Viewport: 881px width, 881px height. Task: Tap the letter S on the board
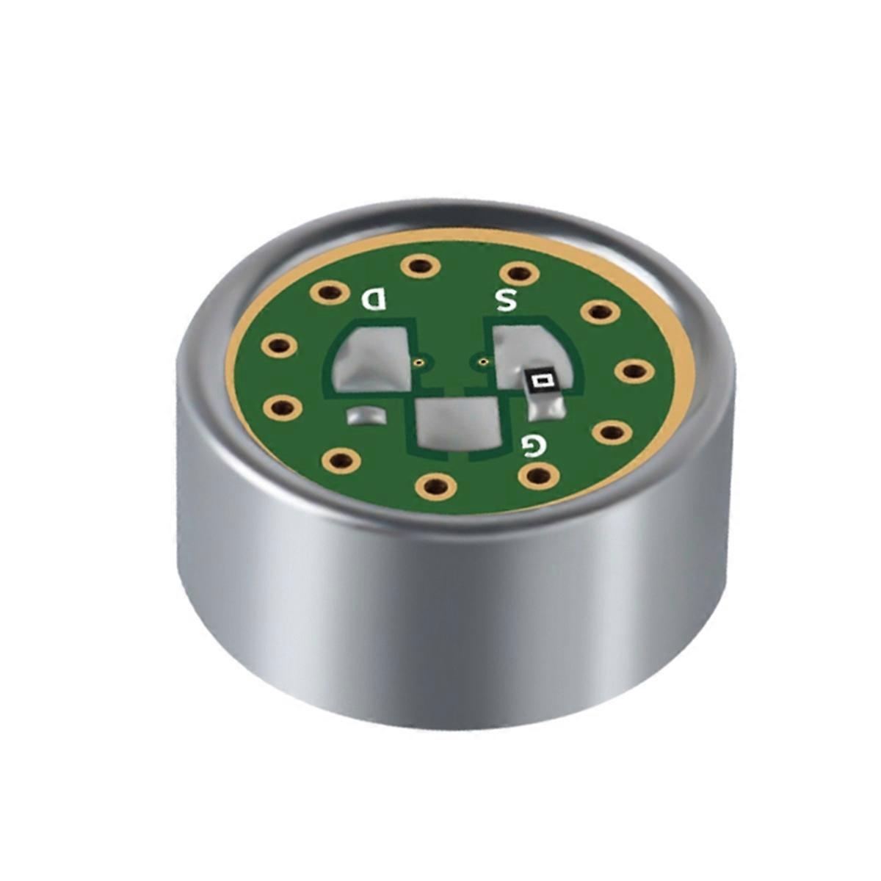tap(507, 300)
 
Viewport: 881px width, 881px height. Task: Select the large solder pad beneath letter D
tap(371, 360)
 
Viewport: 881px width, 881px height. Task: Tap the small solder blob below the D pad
tap(365, 416)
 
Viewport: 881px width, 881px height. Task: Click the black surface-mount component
tap(544, 381)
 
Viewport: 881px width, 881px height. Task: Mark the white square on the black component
tap(543, 380)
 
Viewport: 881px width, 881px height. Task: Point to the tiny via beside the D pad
tap(418, 362)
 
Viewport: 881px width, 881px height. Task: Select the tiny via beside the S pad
tap(482, 361)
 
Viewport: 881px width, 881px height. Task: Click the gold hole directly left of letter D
tap(328, 293)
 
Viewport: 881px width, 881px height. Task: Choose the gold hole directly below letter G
tap(538, 476)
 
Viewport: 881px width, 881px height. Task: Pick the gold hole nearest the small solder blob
tap(341, 460)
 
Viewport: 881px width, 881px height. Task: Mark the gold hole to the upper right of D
tap(419, 265)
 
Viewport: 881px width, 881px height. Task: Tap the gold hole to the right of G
tap(611, 432)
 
